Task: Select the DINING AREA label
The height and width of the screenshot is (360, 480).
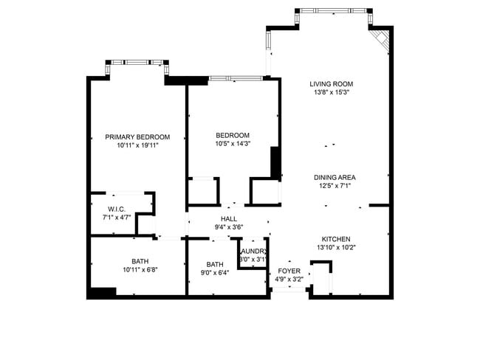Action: (335, 177)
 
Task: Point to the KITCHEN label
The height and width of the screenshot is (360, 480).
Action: (335, 239)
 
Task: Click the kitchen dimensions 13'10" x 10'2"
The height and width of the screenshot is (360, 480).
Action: (335, 248)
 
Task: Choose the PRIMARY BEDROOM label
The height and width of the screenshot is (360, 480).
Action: (137, 136)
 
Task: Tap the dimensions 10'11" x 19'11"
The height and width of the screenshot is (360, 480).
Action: (137, 145)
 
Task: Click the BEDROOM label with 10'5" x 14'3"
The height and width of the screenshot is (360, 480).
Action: (233, 135)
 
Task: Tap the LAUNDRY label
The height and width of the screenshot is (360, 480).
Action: (253, 251)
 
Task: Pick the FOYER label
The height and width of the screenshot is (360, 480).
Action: (289, 271)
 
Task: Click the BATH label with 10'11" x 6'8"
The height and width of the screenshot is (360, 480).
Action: (140, 260)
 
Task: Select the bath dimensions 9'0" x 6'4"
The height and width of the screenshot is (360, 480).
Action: (215, 273)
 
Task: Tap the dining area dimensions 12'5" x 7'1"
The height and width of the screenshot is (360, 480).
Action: (335, 186)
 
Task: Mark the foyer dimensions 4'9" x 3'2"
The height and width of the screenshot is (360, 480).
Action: (289, 280)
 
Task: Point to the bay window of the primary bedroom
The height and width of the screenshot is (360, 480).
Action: (137, 63)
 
